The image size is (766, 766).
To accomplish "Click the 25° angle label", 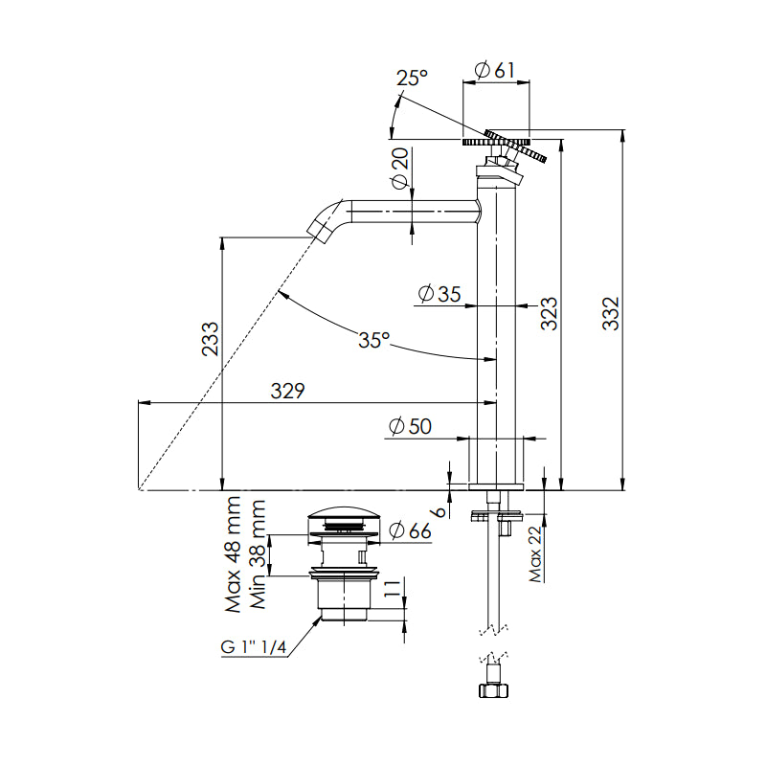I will tap(414, 79).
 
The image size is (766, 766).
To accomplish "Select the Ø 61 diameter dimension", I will tap(495, 69).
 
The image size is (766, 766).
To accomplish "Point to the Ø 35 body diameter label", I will tap(439, 294).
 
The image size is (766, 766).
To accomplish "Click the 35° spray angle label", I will tap(374, 339).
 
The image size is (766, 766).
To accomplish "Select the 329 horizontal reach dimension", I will tap(286, 391).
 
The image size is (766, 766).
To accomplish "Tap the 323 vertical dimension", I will tap(549, 314).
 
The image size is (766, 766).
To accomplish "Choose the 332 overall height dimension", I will tap(612, 314).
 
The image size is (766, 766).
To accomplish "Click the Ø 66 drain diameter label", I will tap(409, 531).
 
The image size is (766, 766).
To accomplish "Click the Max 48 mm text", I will tap(232, 555).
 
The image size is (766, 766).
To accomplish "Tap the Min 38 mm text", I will tap(257, 555).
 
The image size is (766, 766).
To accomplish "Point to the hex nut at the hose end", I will tap(492, 688).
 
